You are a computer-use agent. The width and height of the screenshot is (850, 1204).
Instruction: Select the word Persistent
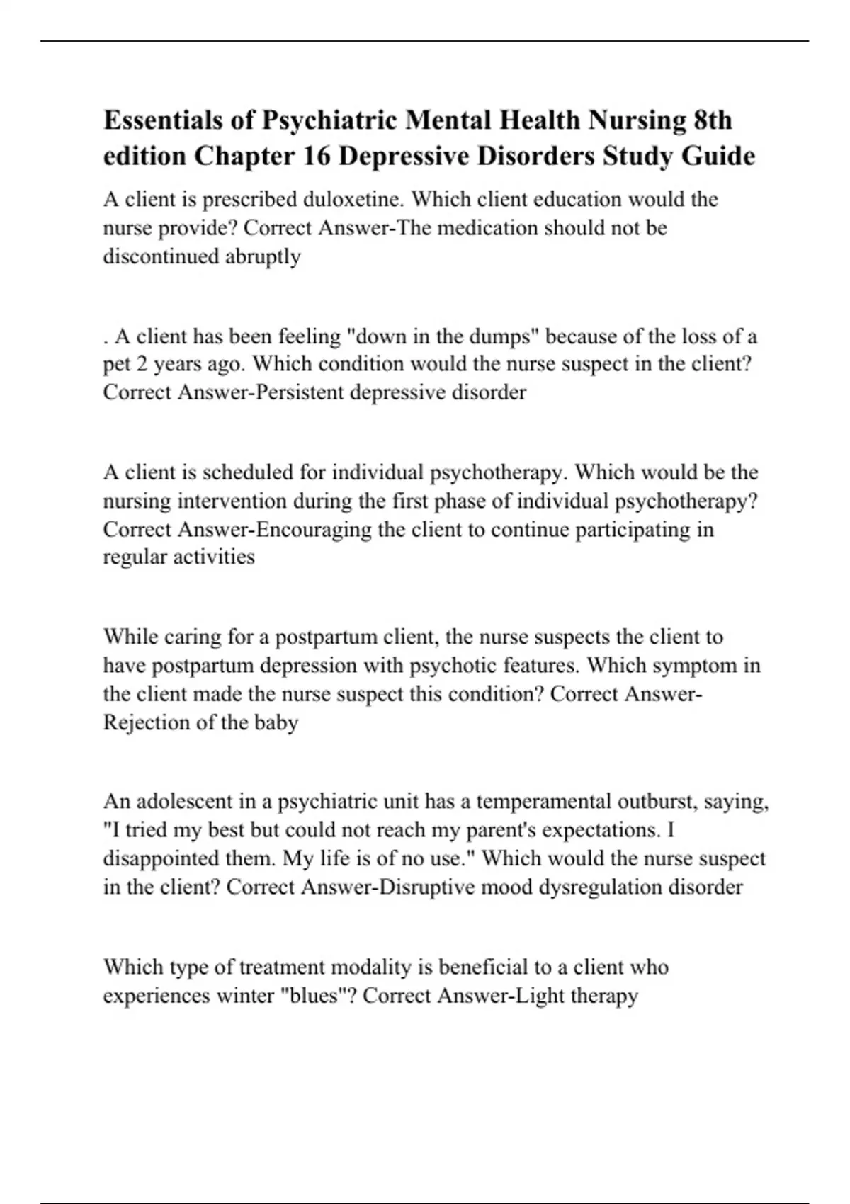pyautogui.click(x=298, y=392)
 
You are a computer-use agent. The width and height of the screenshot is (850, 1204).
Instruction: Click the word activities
pyautogui.click(x=216, y=557)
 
